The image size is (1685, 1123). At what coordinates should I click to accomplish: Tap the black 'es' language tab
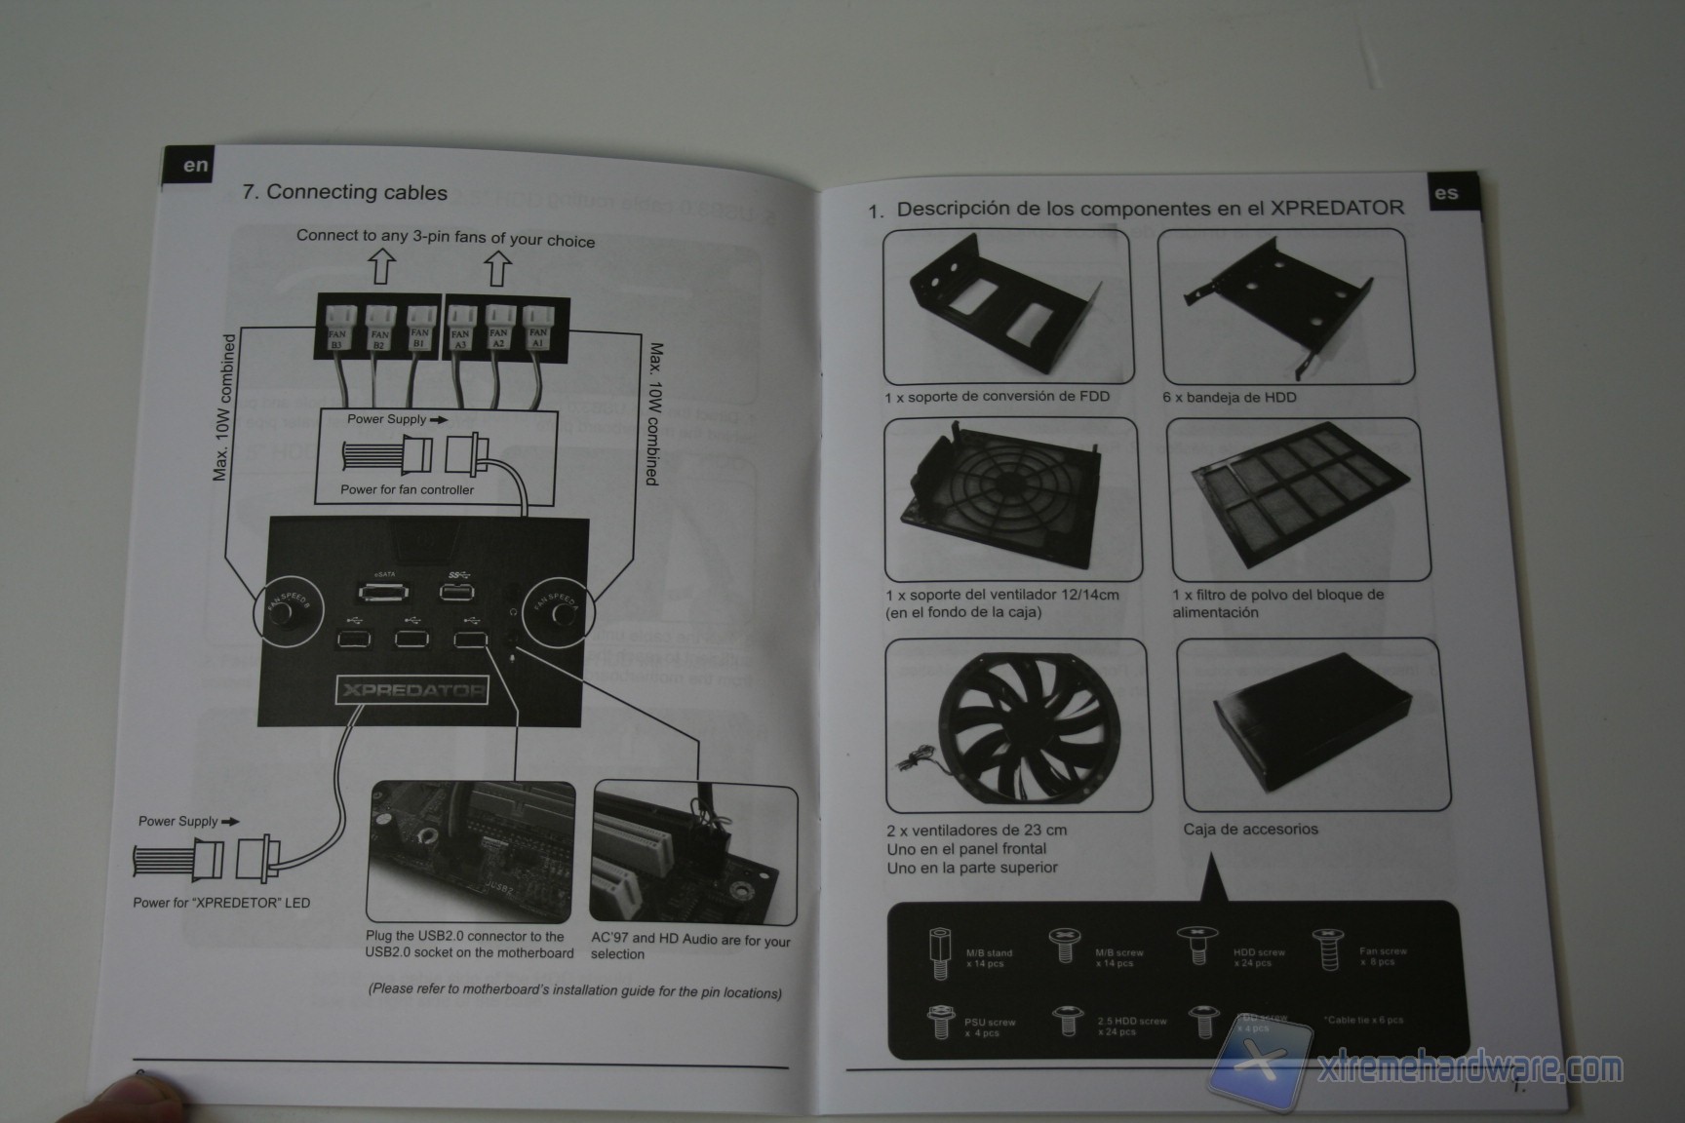(x=1446, y=192)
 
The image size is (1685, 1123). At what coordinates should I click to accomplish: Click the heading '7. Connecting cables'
(x=345, y=192)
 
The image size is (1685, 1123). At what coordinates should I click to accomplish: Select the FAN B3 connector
(x=338, y=327)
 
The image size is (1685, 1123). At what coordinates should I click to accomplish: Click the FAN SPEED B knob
(x=284, y=613)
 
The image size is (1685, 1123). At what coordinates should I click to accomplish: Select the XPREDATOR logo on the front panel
(x=411, y=691)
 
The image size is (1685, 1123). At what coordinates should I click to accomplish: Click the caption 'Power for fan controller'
(x=407, y=489)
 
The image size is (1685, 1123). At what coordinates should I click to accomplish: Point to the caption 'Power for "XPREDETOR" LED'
(x=221, y=903)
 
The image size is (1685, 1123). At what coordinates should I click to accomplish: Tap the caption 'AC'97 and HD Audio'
(x=689, y=947)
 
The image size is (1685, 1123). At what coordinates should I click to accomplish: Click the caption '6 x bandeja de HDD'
(x=1229, y=397)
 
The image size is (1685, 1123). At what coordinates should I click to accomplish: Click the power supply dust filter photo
(x=1298, y=499)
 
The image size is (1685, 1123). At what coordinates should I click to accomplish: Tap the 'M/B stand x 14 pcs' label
(x=989, y=958)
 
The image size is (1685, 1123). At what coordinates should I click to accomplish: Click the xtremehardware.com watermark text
(x=1469, y=1069)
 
